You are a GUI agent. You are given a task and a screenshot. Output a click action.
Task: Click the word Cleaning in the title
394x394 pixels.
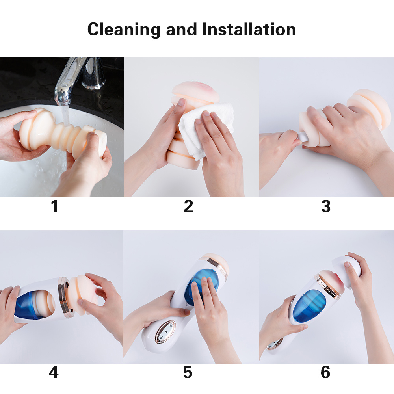pyautogui.click(x=124, y=30)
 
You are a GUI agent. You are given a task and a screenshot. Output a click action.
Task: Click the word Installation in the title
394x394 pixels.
pyautogui.click(x=249, y=29)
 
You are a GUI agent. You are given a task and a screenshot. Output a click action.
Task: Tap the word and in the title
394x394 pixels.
pyautogui.click(x=181, y=29)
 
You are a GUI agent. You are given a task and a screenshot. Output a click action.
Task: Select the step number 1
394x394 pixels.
pyautogui.click(x=54, y=206)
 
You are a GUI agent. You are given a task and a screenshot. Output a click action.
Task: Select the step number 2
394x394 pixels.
pyautogui.click(x=188, y=206)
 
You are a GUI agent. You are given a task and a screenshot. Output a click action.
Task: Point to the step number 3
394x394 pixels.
pyautogui.click(x=326, y=206)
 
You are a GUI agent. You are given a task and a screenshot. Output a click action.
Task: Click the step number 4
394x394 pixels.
pyautogui.click(x=54, y=372)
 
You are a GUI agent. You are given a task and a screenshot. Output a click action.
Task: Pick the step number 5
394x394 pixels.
pyautogui.click(x=188, y=372)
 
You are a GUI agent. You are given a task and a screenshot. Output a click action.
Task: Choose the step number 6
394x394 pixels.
pyautogui.click(x=325, y=372)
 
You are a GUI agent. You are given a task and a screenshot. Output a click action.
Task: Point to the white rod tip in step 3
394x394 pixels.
pyautogui.click(x=302, y=138)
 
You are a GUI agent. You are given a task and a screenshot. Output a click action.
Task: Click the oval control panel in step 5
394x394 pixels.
pyautogui.click(x=165, y=332)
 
